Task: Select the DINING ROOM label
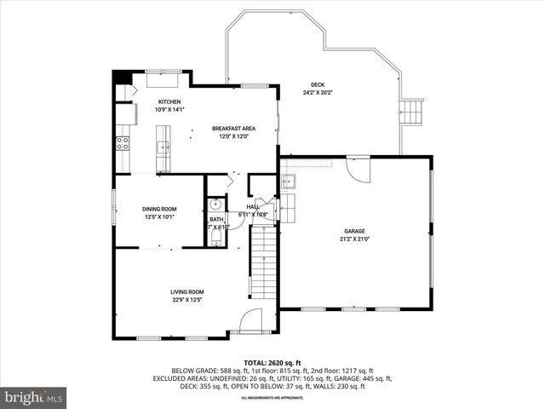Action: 158,209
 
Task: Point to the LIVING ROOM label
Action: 186,291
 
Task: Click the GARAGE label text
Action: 354,231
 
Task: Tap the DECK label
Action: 317,84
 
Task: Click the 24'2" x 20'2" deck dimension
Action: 317,92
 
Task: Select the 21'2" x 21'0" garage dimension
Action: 354,239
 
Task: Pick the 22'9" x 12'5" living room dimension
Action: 186,300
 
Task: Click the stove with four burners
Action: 122,142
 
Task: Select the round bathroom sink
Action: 215,204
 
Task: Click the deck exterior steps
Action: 412,111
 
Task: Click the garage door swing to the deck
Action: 359,169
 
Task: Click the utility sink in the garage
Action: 290,181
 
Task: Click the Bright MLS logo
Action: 34,397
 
